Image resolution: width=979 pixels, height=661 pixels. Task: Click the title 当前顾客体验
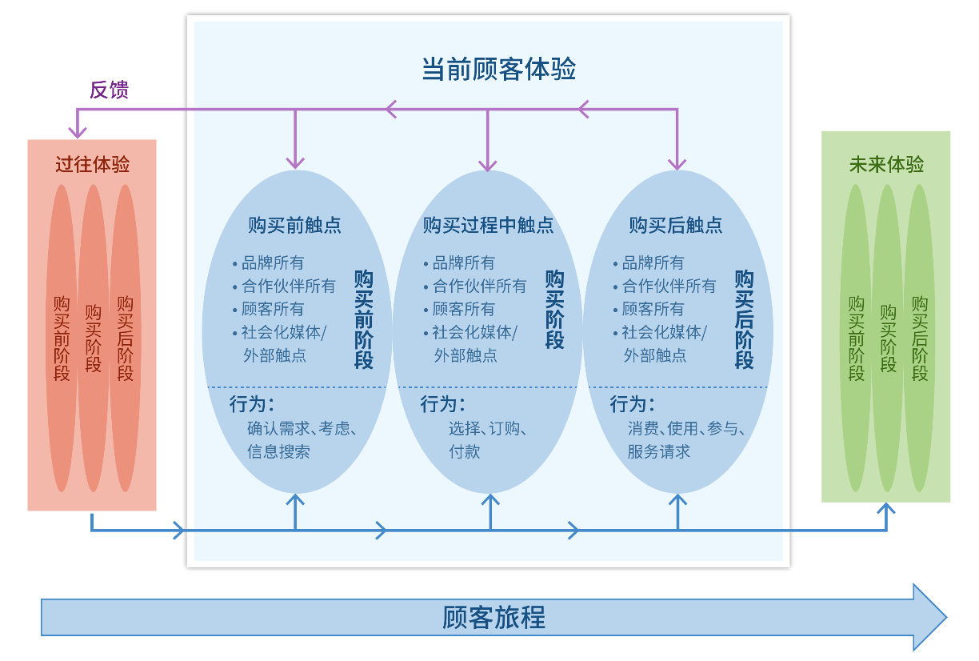498,70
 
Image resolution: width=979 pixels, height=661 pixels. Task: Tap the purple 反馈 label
109,90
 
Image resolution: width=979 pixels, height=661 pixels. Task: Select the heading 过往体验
92,165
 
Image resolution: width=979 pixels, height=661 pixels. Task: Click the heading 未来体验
886,165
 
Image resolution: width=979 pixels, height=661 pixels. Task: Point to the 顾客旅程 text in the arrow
493,618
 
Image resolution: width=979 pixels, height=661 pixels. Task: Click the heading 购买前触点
294,226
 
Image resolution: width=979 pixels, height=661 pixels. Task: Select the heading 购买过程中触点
488,226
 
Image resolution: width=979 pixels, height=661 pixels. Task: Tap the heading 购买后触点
676,226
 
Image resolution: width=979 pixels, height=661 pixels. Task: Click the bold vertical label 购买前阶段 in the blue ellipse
364,319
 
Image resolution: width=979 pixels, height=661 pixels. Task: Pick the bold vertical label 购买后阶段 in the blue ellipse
744,319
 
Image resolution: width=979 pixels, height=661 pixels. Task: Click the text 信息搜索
278,451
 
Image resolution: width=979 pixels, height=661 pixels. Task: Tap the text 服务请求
658,451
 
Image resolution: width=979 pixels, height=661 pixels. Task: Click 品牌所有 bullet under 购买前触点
273,262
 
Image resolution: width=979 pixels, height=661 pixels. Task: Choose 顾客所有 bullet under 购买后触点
653,309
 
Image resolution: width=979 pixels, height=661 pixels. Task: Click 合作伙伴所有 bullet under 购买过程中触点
479,286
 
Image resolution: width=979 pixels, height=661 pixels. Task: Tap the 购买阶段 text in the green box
888,339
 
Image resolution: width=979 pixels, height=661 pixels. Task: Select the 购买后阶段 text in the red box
125,339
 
